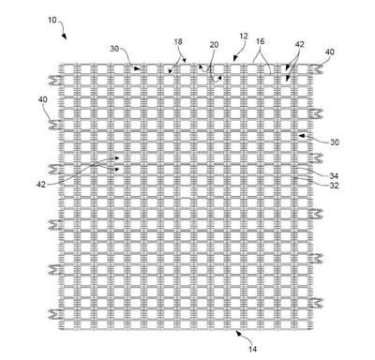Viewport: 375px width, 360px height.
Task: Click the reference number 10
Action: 52,20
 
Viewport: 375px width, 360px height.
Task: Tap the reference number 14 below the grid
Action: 253,349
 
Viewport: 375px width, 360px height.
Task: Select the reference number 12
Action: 244,37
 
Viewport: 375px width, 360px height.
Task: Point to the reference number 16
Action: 261,41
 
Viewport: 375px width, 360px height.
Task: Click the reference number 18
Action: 178,41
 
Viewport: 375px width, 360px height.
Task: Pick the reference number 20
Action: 214,45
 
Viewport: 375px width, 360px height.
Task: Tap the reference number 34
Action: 334,176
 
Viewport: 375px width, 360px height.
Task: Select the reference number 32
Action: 335,186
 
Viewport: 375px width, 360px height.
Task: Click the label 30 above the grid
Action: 114,49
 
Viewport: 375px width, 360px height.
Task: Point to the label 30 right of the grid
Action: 335,142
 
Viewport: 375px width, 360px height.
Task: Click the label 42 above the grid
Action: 299,45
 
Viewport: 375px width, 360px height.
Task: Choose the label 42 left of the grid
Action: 41,185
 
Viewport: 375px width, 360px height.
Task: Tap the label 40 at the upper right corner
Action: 330,52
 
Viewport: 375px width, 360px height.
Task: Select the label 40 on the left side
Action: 43,99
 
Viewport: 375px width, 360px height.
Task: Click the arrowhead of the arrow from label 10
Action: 65,37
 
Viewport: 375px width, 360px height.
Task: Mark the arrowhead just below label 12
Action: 235,58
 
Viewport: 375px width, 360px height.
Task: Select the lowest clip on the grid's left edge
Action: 55,314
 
